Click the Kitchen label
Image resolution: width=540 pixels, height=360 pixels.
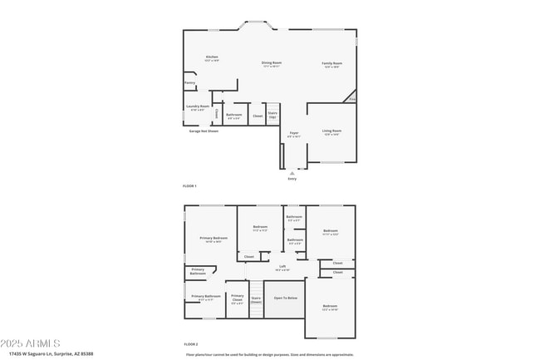(212, 57)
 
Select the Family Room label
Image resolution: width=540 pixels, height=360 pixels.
(332, 63)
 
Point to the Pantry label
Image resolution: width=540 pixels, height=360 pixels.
(189, 82)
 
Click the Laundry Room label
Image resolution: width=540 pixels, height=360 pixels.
(198, 106)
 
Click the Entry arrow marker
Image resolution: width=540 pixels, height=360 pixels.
(292, 173)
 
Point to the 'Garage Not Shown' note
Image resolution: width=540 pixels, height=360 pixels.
(202, 131)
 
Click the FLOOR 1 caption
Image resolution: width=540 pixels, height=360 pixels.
(189, 186)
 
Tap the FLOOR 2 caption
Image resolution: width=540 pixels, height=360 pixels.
(190, 343)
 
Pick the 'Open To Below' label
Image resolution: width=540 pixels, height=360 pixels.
(286, 297)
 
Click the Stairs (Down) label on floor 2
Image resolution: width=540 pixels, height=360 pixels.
(256, 298)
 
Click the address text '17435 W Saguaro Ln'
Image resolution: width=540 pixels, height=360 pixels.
(33, 353)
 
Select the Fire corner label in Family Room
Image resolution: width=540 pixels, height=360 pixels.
(352, 100)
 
